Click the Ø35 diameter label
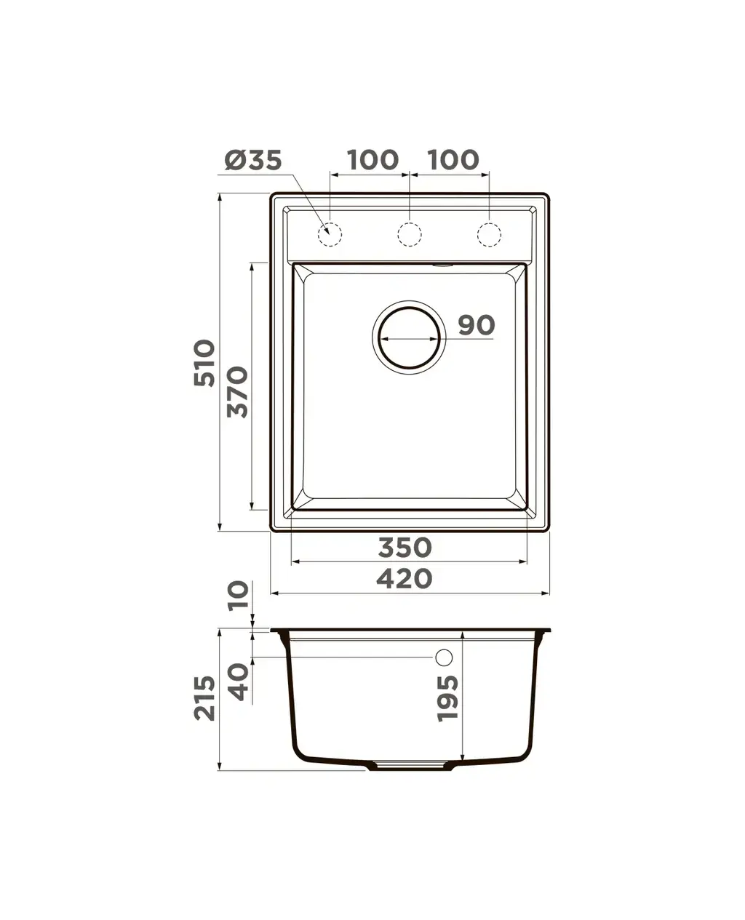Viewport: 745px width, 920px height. [253, 160]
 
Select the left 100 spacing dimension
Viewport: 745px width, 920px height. [373, 160]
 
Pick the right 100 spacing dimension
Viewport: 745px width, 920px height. [453, 160]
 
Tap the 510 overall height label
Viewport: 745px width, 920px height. [204, 363]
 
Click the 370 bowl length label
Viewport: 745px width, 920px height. [237, 392]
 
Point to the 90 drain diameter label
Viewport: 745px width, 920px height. [477, 325]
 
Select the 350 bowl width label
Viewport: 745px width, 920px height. [405, 547]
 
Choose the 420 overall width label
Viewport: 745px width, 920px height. [404, 578]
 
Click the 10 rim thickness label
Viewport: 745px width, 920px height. [239, 596]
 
